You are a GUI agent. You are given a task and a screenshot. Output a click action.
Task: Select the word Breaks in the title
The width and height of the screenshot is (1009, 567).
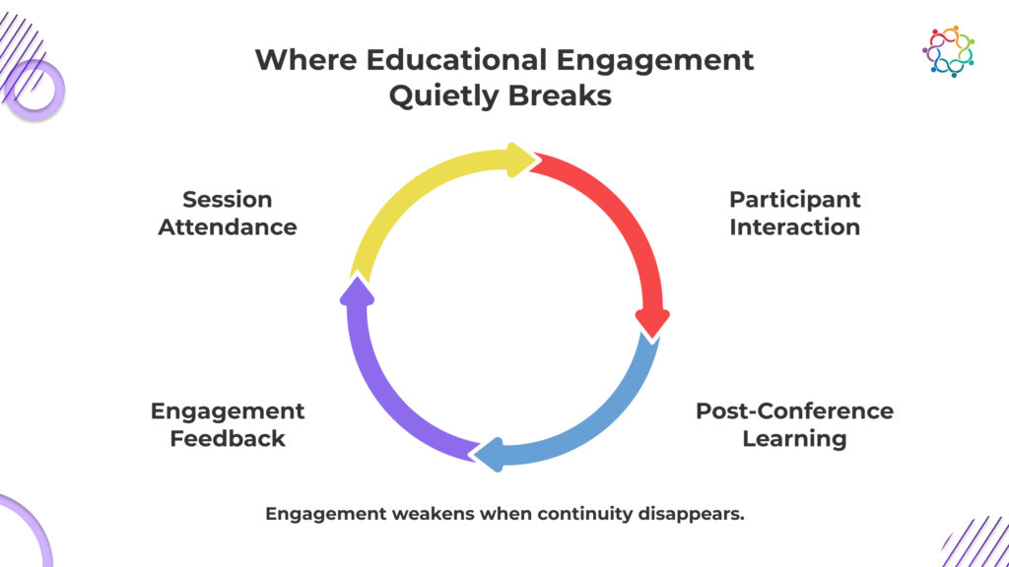click(567, 96)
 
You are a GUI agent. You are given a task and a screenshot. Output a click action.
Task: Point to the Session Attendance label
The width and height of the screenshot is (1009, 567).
click(227, 213)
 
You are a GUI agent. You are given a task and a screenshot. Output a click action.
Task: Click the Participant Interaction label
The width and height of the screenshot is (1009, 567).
click(794, 213)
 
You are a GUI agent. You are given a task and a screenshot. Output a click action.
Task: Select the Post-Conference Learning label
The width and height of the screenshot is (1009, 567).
click(794, 424)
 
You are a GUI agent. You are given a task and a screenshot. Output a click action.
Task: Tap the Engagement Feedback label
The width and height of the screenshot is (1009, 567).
click(228, 424)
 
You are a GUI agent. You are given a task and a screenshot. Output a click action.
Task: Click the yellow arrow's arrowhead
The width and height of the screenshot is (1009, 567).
click(519, 159)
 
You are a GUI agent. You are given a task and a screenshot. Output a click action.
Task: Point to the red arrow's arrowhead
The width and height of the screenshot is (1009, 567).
click(652, 322)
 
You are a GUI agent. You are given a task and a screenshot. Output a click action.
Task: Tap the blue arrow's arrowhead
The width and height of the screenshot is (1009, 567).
click(489, 453)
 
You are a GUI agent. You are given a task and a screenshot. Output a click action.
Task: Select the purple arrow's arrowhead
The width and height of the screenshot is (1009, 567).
click(356, 291)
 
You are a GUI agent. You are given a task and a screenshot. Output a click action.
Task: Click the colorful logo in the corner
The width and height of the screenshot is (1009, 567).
click(948, 51)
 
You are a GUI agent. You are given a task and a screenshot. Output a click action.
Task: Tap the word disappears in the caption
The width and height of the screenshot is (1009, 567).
click(696, 514)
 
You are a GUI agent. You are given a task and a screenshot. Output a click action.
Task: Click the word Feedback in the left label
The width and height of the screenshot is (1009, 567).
click(227, 438)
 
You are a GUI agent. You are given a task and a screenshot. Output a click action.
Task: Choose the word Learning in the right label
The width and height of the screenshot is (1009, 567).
click(794, 438)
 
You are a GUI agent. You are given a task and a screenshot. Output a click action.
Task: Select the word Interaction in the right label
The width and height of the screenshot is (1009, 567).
click(794, 226)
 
